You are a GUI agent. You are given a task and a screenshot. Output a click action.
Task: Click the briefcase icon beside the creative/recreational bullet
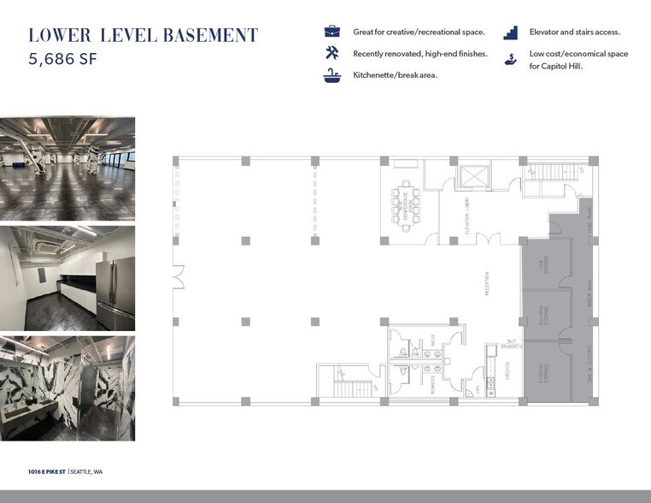click(x=332, y=32)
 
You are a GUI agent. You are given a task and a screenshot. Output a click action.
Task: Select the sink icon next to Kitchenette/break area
click(x=332, y=76)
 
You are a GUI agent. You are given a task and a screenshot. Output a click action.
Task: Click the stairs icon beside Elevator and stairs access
click(x=511, y=33)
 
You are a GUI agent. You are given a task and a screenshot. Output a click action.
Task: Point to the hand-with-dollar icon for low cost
click(x=511, y=59)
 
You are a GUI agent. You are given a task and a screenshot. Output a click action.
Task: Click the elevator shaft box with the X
click(x=472, y=176)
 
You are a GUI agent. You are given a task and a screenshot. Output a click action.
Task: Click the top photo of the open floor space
click(x=67, y=169)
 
